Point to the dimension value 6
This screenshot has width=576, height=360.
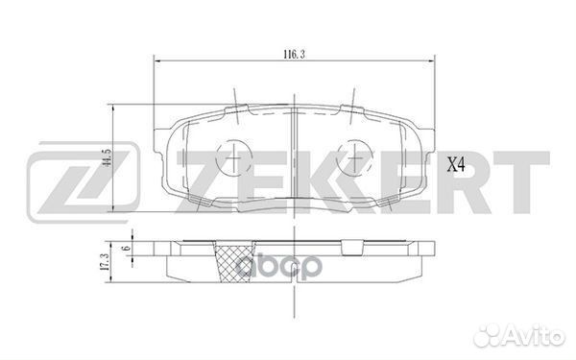[x=126, y=252]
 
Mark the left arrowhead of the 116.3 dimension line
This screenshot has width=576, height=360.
[x=157, y=63]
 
